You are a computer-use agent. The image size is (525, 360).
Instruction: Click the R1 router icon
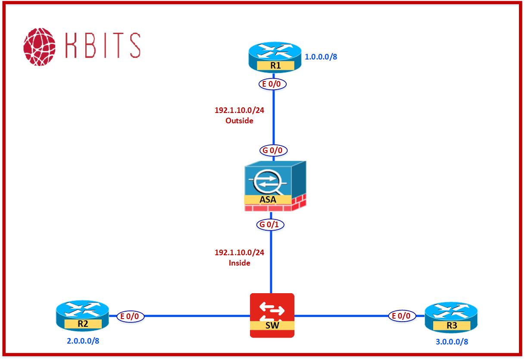coord(274,58)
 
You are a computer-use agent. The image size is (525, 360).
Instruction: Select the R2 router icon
coord(82,316)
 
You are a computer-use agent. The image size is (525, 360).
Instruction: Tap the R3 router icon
coord(451,317)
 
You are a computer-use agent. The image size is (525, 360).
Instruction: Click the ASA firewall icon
coord(274,186)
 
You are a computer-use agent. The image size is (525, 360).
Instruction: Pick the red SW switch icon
coord(272,315)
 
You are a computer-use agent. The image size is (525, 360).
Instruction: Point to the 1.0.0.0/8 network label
coord(321,56)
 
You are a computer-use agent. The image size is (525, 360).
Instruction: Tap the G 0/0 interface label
coord(273,150)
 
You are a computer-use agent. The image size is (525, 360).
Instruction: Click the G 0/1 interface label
coord(271,225)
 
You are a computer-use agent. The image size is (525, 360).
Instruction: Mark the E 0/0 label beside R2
coord(130,316)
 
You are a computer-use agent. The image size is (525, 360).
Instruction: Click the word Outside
coord(239,121)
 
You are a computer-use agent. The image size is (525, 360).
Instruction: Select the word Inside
coord(240,263)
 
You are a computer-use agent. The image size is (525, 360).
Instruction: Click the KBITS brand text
coord(103,45)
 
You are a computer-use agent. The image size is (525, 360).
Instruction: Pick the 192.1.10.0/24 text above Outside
coord(239,110)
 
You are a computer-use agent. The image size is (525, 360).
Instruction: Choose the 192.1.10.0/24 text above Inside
coord(239,253)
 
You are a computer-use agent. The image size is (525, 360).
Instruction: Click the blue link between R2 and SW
coord(196,316)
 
